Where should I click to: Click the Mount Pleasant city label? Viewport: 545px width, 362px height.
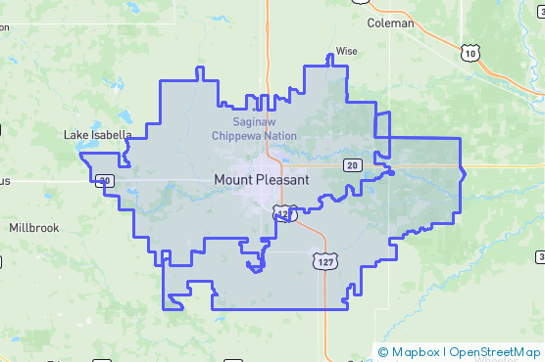coord(261,180)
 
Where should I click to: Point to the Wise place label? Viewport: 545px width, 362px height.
coord(347,51)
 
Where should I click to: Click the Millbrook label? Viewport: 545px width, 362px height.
coord(34,227)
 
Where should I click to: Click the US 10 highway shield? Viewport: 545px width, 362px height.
coord(472,53)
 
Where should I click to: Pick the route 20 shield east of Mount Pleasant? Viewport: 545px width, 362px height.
coord(352,165)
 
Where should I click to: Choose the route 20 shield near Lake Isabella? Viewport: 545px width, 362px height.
coord(105,180)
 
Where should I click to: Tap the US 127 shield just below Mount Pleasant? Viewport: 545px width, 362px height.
coord(284,213)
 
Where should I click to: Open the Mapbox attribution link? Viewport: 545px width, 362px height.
coord(415,351)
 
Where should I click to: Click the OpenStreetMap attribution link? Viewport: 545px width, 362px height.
coord(495,351)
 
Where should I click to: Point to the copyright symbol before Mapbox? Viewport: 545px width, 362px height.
coord(383,351)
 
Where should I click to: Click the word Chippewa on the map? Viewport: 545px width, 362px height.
coord(244,135)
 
